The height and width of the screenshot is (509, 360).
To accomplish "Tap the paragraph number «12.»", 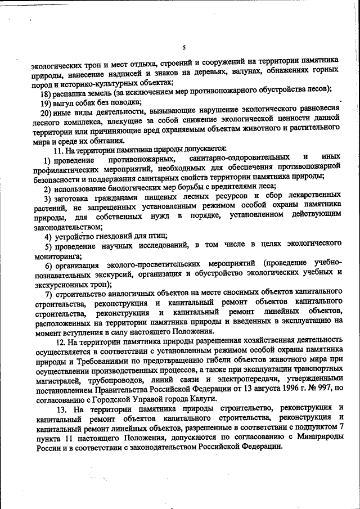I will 60,340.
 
